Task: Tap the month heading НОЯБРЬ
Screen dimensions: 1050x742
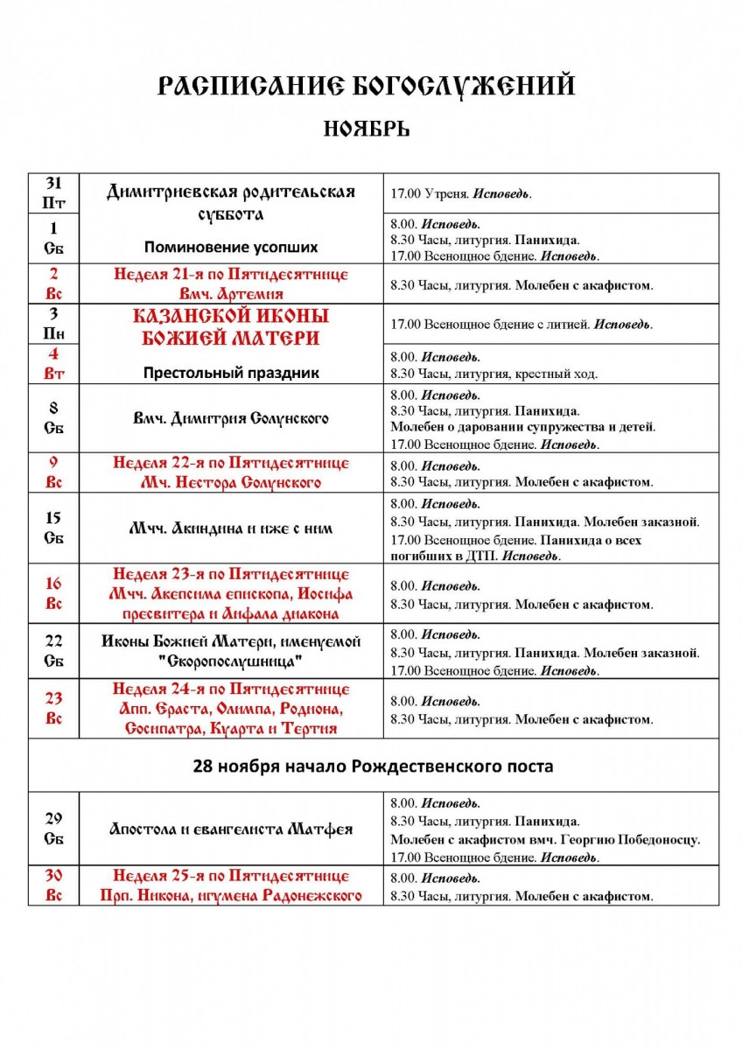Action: (x=367, y=129)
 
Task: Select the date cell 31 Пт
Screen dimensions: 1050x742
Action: (x=53, y=192)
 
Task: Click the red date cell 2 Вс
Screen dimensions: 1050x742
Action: (x=53, y=283)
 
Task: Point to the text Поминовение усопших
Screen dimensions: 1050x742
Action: (x=231, y=247)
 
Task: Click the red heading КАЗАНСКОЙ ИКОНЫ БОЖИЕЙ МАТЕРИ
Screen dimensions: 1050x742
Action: (x=231, y=326)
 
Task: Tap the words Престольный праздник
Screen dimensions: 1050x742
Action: (x=231, y=373)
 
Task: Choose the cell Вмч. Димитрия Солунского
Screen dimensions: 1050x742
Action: (x=231, y=418)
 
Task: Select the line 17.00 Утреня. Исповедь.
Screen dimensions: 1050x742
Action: (x=460, y=194)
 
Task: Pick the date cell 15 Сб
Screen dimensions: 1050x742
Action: (x=53, y=528)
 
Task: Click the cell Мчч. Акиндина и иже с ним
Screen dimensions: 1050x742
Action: (x=231, y=528)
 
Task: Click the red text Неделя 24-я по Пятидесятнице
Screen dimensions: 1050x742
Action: (x=231, y=689)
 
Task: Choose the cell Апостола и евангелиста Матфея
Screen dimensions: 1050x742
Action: (x=231, y=829)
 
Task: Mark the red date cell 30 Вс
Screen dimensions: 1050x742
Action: (x=53, y=885)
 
